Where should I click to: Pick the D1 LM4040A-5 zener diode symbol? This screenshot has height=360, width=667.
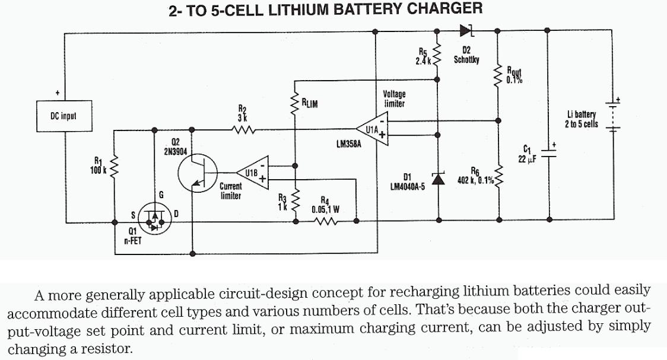coord(439,179)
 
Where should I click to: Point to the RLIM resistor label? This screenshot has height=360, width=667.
coord(310,104)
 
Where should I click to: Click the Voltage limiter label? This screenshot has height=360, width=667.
coord(395,98)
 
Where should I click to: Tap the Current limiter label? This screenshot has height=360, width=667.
coord(230,190)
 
